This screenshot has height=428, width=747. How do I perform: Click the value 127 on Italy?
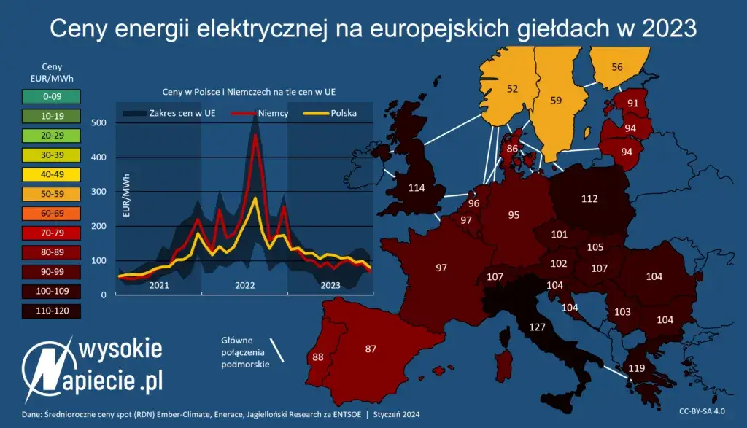coord(538,327)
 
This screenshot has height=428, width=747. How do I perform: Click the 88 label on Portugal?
coord(317,357)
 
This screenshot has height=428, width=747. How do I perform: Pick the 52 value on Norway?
coord(513,89)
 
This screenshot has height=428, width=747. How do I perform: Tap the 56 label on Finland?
coord(617,67)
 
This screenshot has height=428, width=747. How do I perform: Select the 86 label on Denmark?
coord(512,148)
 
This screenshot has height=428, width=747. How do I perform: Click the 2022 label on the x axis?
coord(244,285)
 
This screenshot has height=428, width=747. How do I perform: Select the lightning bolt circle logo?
coord(46,367)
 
